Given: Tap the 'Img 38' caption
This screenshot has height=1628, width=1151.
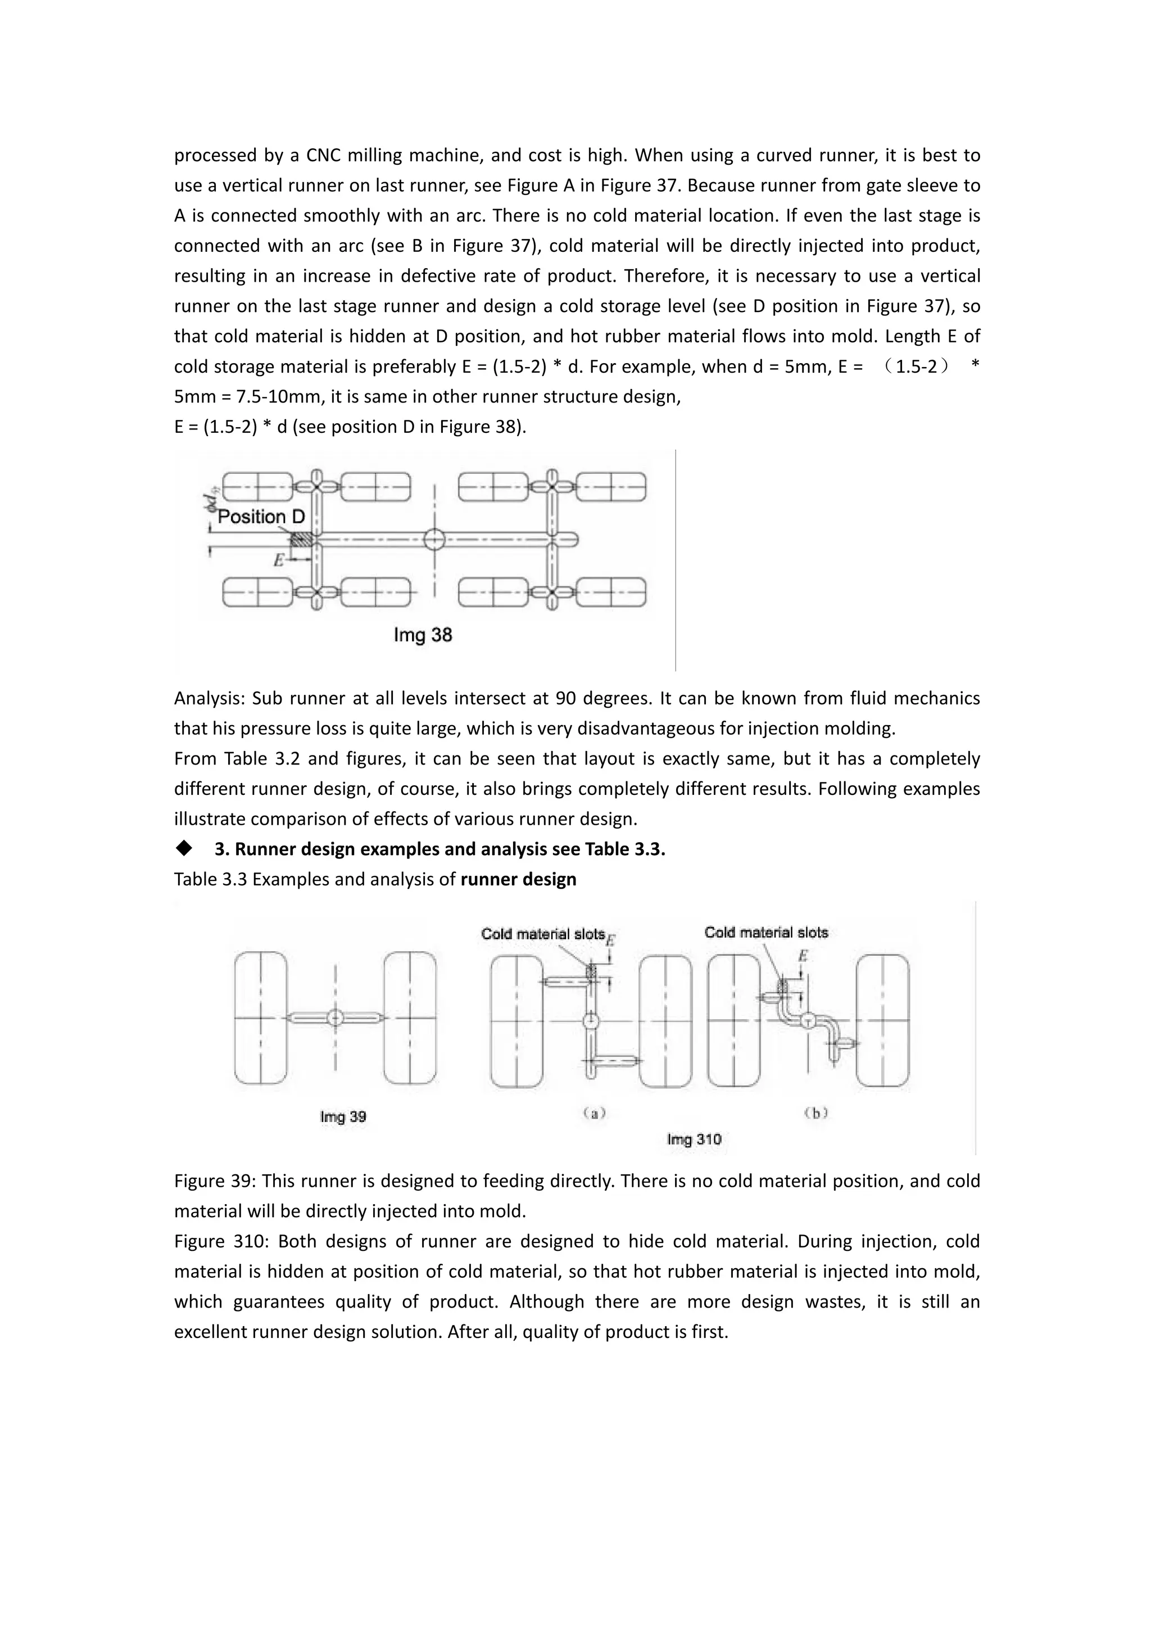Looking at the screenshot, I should coord(423,635).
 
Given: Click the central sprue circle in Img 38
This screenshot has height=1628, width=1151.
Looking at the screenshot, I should coord(434,540).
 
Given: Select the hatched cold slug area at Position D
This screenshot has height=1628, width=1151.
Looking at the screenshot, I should coord(302,538).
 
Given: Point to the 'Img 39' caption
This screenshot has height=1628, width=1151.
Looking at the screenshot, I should coord(343,1117).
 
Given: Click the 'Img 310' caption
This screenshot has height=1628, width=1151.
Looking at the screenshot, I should coord(694,1139).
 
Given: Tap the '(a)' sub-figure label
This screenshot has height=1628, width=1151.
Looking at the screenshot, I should coord(595,1113).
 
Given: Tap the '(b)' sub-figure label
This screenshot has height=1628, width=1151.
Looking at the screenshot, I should coord(817,1113).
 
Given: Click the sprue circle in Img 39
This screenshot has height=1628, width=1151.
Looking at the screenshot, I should coord(335,1018).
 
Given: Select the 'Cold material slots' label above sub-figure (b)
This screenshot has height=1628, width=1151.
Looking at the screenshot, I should coord(766,933).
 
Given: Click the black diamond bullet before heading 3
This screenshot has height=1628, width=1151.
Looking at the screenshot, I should coord(185,848).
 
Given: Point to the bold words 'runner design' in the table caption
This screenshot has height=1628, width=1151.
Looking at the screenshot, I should coord(518,879).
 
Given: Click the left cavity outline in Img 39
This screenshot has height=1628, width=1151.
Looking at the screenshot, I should coord(261,1017).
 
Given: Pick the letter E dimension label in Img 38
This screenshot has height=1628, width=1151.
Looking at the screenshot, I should coord(279,560).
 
